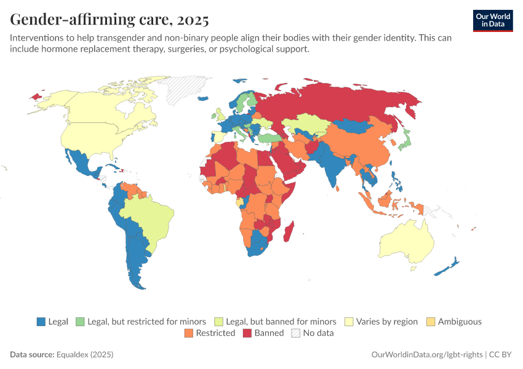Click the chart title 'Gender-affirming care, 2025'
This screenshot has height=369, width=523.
tap(110, 20)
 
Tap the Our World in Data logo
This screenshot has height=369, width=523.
tap(492, 20)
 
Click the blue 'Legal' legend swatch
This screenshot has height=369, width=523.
tap(41, 322)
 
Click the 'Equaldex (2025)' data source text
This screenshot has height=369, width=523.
tap(85, 355)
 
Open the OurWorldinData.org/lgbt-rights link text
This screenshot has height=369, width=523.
tap(428, 355)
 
